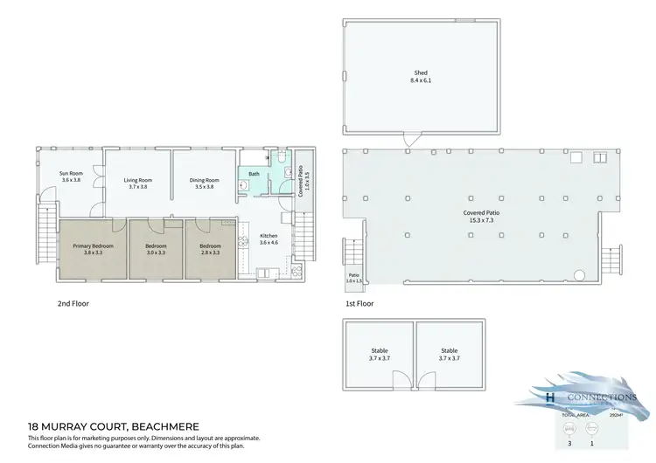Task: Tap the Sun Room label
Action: [71, 174]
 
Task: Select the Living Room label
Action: [138, 181]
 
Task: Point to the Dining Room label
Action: [203, 181]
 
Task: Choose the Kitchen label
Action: [269, 236]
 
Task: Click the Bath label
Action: [255, 174]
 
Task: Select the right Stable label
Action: [450, 350]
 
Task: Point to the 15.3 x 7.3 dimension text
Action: [476, 220]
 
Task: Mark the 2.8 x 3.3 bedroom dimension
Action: [210, 253]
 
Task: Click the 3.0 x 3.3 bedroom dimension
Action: [156, 253]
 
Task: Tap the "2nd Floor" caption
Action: [73, 304]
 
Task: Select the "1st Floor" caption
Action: [359, 304]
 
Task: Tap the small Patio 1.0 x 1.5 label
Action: [352, 279]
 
